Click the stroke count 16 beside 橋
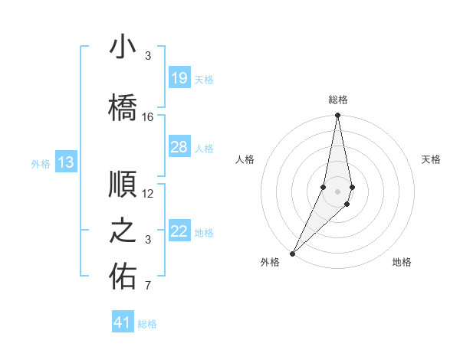tap(148, 117)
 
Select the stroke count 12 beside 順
tap(148, 194)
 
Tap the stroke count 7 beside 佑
tap(148, 286)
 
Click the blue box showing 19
tap(179, 78)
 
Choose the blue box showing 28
tap(179, 147)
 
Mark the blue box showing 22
tap(179, 231)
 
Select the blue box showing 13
tap(66, 162)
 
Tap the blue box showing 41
tap(123, 322)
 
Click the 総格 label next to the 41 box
tap(147, 324)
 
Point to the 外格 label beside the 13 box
tap(41, 163)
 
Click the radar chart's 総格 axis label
tap(337, 100)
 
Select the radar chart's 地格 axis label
tap(402, 262)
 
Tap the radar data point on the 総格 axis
tap(337, 116)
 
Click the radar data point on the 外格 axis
tap(292, 253)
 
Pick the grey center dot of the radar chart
tap(337, 189)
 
